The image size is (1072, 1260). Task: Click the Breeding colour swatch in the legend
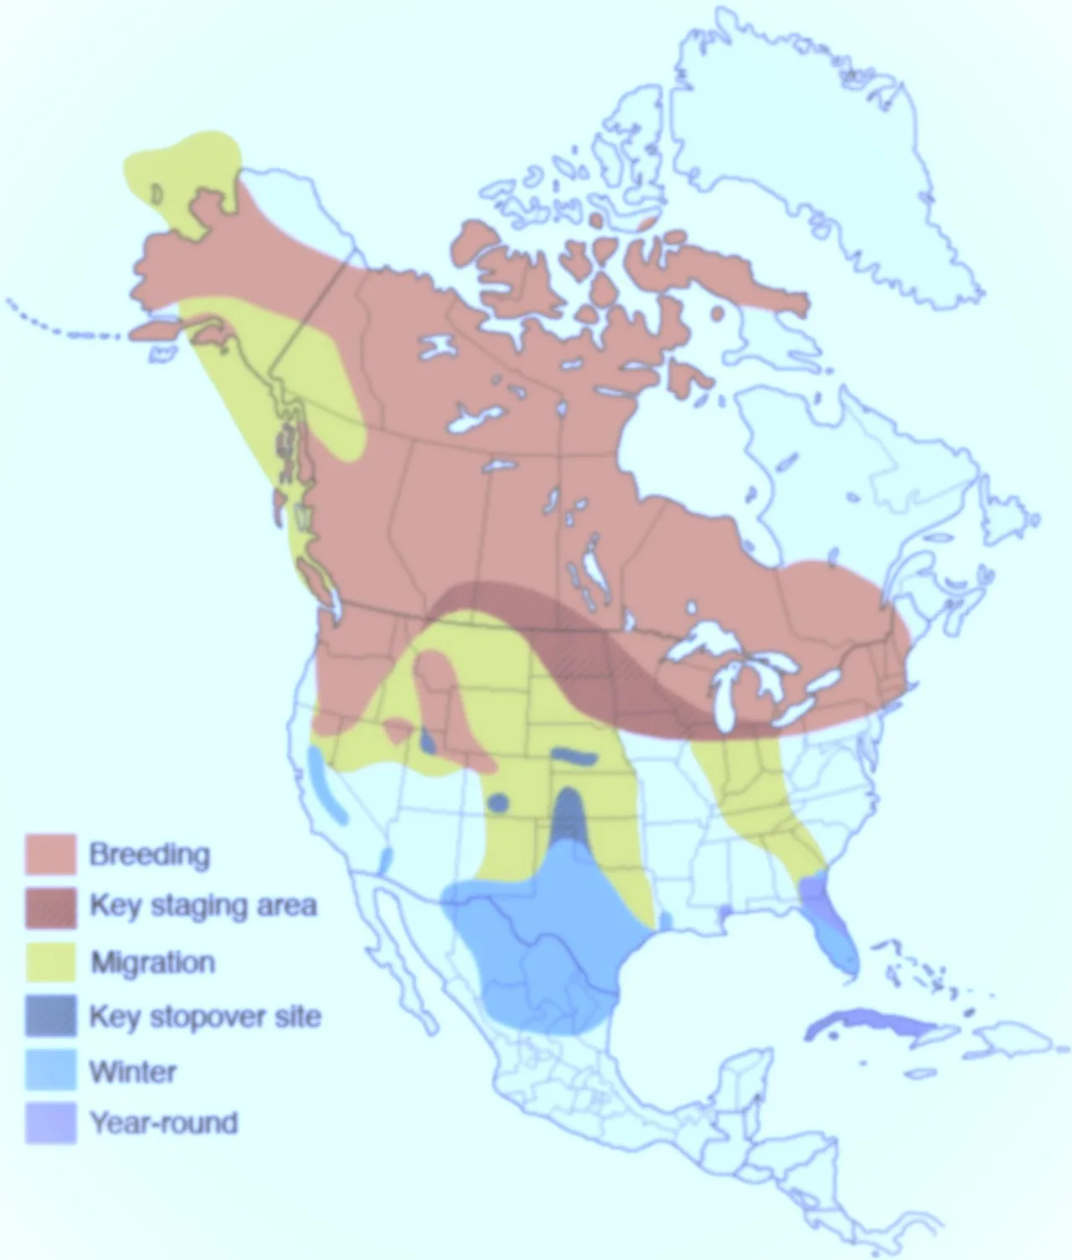point(50,855)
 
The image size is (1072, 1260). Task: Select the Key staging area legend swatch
point(50,907)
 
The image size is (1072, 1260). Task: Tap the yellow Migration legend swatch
point(50,962)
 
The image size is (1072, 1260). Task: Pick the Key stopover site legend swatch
point(50,1015)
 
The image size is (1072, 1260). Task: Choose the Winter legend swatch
point(50,1071)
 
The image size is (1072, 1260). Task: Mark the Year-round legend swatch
point(50,1123)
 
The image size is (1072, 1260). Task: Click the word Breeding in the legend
point(149,855)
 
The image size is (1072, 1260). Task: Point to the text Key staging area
point(203,906)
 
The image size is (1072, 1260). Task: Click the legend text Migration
point(152,963)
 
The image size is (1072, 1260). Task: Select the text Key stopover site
point(205,1016)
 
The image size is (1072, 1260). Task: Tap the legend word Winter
point(133,1072)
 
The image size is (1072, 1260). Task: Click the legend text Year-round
point(164,1123)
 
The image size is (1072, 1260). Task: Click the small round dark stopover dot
point(498,803)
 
